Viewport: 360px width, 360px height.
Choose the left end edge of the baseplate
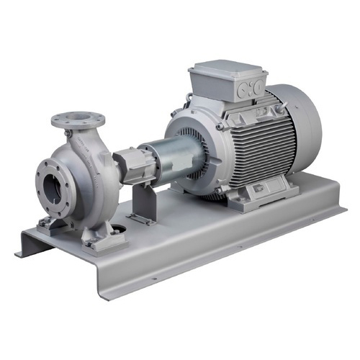click(25, 245)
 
